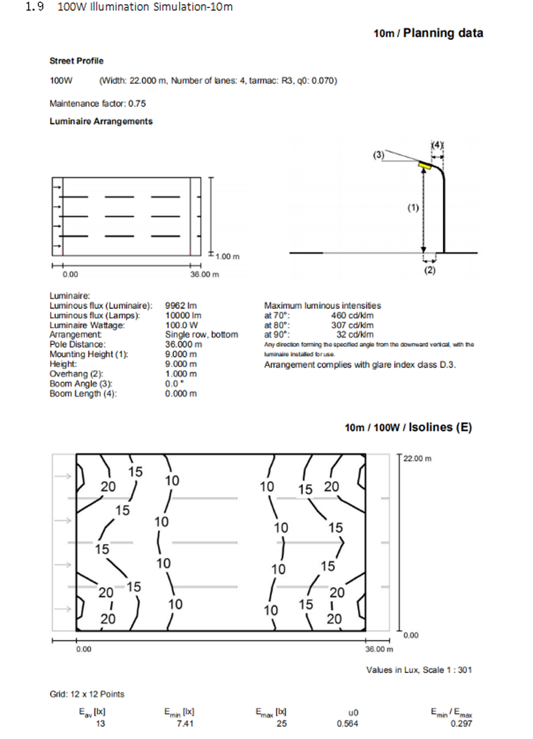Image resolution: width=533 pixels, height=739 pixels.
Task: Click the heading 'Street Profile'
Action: point(77,61)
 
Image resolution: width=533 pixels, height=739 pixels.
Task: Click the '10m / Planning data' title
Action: point(428,33)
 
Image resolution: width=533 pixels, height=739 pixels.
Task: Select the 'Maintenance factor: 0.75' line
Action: point(97,103)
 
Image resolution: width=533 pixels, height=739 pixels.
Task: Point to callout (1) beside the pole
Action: point(413,208)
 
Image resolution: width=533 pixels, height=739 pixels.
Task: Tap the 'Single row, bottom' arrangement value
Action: point(201,334)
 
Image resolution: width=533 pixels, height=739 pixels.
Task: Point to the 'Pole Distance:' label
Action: point(77,344)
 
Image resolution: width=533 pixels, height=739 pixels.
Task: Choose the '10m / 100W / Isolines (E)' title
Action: point(408,427)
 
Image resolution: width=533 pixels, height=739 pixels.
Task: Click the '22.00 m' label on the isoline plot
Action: point(418,458)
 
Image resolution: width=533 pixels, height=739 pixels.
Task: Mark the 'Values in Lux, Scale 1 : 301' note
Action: point(418,670)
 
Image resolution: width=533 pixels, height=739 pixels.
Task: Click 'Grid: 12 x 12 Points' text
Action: point(87,694)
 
